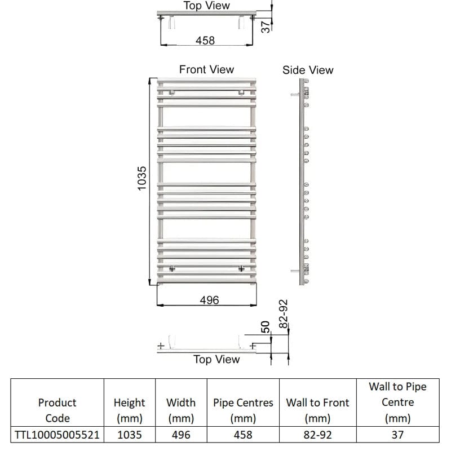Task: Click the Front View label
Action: (206, 69)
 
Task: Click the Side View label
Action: (308, 70)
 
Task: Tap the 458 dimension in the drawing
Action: (205, 41)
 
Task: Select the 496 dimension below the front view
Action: (209, 300)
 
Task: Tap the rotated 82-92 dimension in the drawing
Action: (284, 314)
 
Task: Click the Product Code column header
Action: (57, 410)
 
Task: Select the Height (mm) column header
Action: (129, 410)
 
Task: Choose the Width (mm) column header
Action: (181, 410)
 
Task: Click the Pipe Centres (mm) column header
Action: (243, 410)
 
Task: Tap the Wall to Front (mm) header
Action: (317, 410)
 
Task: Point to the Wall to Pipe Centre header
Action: (397, 403)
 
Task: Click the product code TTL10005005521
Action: (57, 435)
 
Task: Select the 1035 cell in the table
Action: (129, 435)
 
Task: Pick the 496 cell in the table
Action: (181, 435)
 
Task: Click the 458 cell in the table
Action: (243, 435)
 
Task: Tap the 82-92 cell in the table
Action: (317, 435)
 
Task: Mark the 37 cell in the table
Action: (397, 435)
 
